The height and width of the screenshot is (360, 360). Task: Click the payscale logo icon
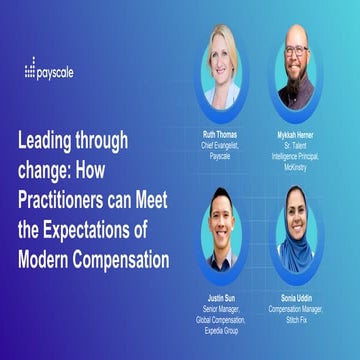pyautogui.click(x=29, y=71)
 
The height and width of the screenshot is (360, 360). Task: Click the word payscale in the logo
pyautogui.click(x=56, y=72)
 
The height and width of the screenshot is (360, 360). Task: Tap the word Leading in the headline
pyautogui.click(x=46, y=140)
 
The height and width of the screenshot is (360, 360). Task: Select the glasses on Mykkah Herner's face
pyautogui.click(x=295, y=51)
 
